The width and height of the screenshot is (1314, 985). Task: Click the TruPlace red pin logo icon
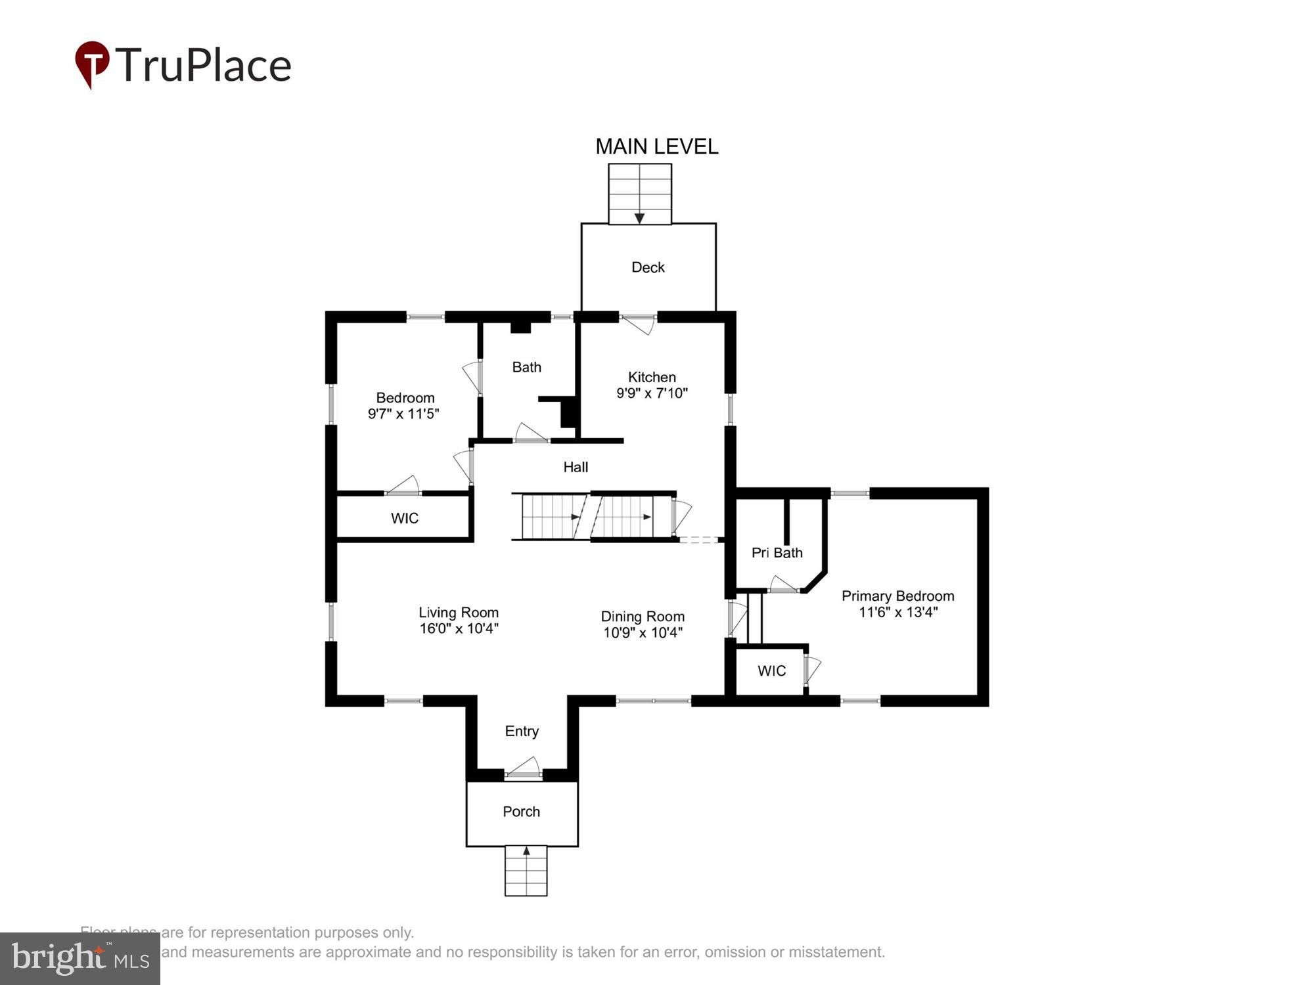92,63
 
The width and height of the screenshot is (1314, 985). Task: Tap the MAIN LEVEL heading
656,146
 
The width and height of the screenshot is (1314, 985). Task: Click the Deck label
648,267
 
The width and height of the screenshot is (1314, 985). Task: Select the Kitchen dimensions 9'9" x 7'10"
652,393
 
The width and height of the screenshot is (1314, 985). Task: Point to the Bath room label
526,367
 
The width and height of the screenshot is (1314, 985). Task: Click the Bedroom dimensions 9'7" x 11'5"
403,414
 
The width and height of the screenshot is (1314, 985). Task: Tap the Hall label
576,467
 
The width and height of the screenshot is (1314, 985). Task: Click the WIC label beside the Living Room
404,518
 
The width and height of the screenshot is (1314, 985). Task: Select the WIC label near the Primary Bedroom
771,670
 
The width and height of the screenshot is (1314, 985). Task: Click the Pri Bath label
777,553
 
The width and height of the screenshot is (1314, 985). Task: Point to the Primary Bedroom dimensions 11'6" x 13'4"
897,612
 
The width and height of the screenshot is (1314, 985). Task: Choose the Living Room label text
459,612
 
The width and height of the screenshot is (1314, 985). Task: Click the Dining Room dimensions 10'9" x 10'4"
643,632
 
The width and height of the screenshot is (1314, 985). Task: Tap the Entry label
522,731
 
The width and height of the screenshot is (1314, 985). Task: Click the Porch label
521,812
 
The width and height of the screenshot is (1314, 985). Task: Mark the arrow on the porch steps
526,851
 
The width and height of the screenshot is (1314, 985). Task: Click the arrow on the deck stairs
639,218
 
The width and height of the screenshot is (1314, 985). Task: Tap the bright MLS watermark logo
80,959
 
